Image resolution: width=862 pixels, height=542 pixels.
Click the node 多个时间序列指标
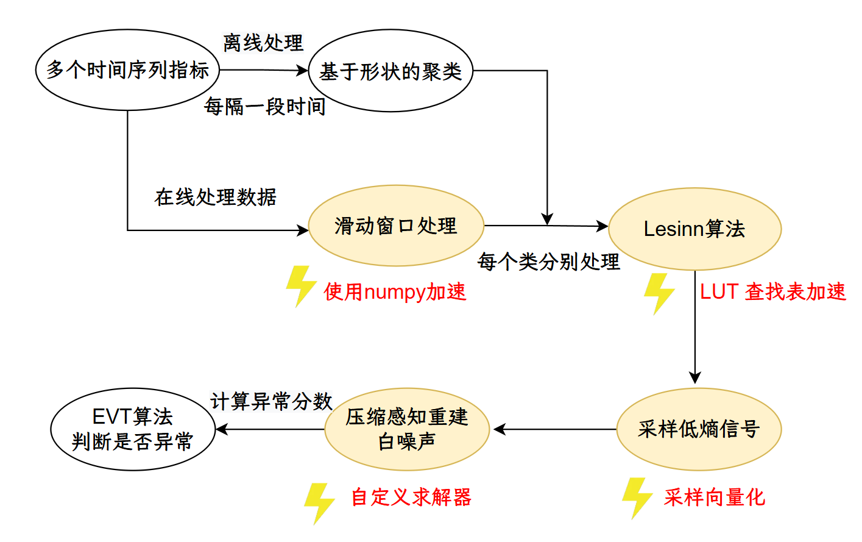click(x=127, y=70)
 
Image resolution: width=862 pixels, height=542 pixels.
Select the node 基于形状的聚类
click(x=390, y=71)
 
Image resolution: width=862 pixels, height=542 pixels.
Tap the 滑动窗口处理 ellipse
click(x=396, y=226)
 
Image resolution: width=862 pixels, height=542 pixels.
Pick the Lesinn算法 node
click(x=694, y=229)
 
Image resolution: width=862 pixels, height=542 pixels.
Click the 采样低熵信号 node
click(x=699, y=429)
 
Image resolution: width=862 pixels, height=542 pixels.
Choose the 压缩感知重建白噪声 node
click(x=407, y=429)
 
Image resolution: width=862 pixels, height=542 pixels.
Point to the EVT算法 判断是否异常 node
click(x=132, y=429)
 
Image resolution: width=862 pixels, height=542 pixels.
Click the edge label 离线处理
click(x=263, y=43)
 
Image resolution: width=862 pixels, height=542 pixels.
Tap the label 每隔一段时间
click(x=265, y=107)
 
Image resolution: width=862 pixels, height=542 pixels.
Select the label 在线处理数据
click(x=216, y=197)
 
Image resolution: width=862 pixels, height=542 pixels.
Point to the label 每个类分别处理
click(x=548, y=262)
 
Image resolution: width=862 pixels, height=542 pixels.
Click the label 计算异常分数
click(x=271, y=401)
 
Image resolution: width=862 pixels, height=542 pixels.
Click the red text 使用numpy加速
click(x=395, y=292)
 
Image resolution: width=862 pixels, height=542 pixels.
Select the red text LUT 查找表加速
click(x=772, y=292)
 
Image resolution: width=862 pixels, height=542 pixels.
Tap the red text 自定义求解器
click(x=411, y=497)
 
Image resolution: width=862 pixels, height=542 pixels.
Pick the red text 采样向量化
click(x=714, y=497)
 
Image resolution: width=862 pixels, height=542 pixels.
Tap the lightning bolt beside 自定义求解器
click(x=319, y=503)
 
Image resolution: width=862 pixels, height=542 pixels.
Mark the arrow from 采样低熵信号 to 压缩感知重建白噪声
click(x=554, y=429)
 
